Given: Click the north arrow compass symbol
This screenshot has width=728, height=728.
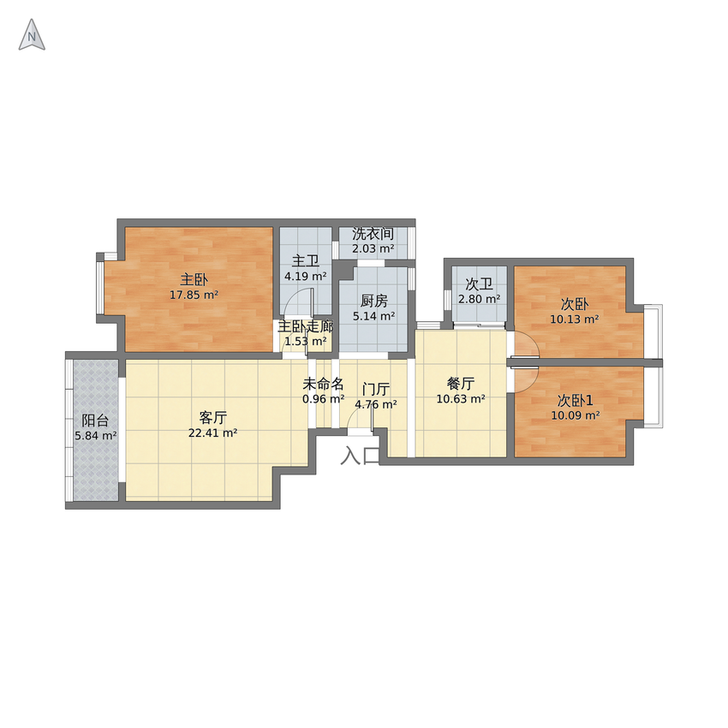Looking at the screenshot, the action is (32, 35).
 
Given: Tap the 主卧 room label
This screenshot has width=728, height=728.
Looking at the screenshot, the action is (194, 279).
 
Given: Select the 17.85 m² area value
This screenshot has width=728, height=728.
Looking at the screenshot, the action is (194, 295).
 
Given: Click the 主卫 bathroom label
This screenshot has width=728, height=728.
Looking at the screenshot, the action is (306, 261).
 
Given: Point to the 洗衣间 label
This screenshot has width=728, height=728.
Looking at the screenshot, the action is (373, 233).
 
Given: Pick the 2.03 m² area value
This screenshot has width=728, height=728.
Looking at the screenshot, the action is (373, 248).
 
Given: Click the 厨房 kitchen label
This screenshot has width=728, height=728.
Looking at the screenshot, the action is (373, 301).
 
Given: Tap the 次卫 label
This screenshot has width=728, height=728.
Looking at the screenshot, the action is (479, 283).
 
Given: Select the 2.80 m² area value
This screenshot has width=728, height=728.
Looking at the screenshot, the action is (479, 299).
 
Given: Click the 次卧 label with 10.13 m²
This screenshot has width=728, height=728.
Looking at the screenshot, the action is (575, 304).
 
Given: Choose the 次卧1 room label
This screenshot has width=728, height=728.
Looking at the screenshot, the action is (576, 400).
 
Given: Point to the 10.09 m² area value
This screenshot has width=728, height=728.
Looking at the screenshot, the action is (576, 415).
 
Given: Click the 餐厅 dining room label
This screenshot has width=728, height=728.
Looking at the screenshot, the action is (461, 383).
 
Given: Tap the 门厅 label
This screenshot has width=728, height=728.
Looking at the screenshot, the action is (376, 389).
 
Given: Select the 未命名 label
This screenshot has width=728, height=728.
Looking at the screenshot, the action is (323, 384).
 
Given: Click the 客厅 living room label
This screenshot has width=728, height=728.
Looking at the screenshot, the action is (212, 418).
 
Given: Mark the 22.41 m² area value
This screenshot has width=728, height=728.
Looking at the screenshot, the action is (213, 433).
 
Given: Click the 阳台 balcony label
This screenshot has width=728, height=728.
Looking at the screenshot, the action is (95, 421).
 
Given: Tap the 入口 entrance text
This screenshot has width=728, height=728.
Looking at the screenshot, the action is (361, 456).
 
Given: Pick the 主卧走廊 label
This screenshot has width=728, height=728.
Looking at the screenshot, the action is (306, 326).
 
